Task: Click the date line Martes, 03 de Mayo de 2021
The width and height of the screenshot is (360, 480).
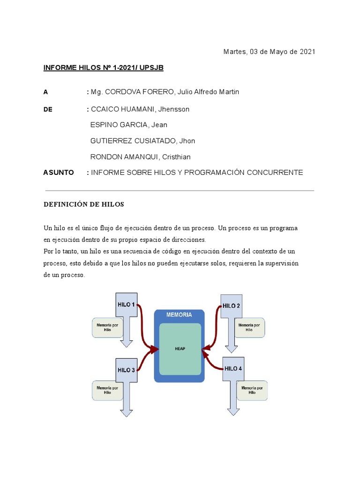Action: pos(269,52)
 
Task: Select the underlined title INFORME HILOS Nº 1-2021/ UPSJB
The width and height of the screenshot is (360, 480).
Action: pos(103,68)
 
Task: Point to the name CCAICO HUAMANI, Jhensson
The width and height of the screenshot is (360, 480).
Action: pos(140,109)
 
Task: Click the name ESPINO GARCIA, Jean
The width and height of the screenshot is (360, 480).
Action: pos(128,125)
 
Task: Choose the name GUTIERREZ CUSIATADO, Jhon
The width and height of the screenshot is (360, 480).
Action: pos(142,141)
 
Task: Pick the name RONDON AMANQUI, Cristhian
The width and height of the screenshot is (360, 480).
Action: pos(140,157)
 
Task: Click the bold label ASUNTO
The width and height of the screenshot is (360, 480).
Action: pos(59,172)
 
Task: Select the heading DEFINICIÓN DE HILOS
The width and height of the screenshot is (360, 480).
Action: pos(84,204)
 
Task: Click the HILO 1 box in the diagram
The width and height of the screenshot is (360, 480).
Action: pos(126,305)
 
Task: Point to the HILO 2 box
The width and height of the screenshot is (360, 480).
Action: pos(232,306)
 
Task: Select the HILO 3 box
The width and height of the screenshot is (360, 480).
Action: pos(126,370)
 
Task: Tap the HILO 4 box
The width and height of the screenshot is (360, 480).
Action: pos(233,368)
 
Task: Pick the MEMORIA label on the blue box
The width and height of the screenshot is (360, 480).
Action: pos(179,315)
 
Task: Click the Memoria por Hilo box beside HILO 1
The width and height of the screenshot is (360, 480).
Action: pos(107,327)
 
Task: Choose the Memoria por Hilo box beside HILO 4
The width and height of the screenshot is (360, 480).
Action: pos(252,390)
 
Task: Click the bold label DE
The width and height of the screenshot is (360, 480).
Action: pos(48,109)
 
